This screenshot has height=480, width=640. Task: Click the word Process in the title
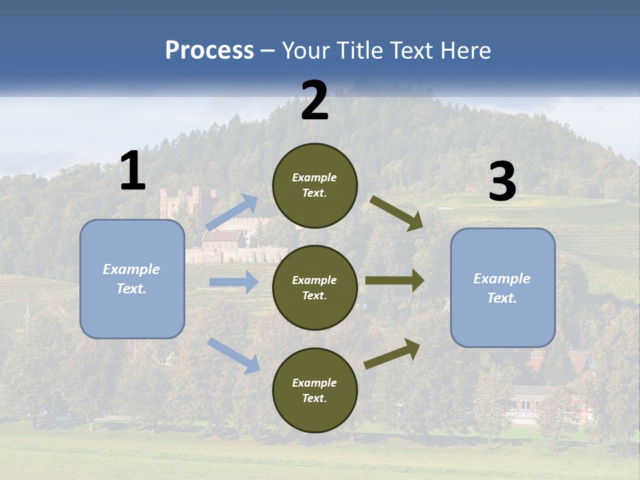(209, 51)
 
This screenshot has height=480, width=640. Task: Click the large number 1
(133, 171)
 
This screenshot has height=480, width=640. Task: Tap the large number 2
(315, 101)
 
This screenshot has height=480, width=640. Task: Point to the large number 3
(502, 182)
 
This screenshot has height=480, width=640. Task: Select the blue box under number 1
(132, 279)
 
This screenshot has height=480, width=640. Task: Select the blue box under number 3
(503, 287)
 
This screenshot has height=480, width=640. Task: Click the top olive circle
(315, 185)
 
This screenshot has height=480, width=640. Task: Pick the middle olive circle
(315, 287)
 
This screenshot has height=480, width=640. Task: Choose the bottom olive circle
(315, 390)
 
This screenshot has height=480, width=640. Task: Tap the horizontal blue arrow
(233, 282)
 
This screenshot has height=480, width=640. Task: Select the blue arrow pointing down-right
(233, 355)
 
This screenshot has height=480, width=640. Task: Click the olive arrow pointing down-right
(397, 213)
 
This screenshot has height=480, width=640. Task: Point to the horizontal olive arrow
(395, 281)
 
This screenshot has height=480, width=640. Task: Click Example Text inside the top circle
(315, 185)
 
